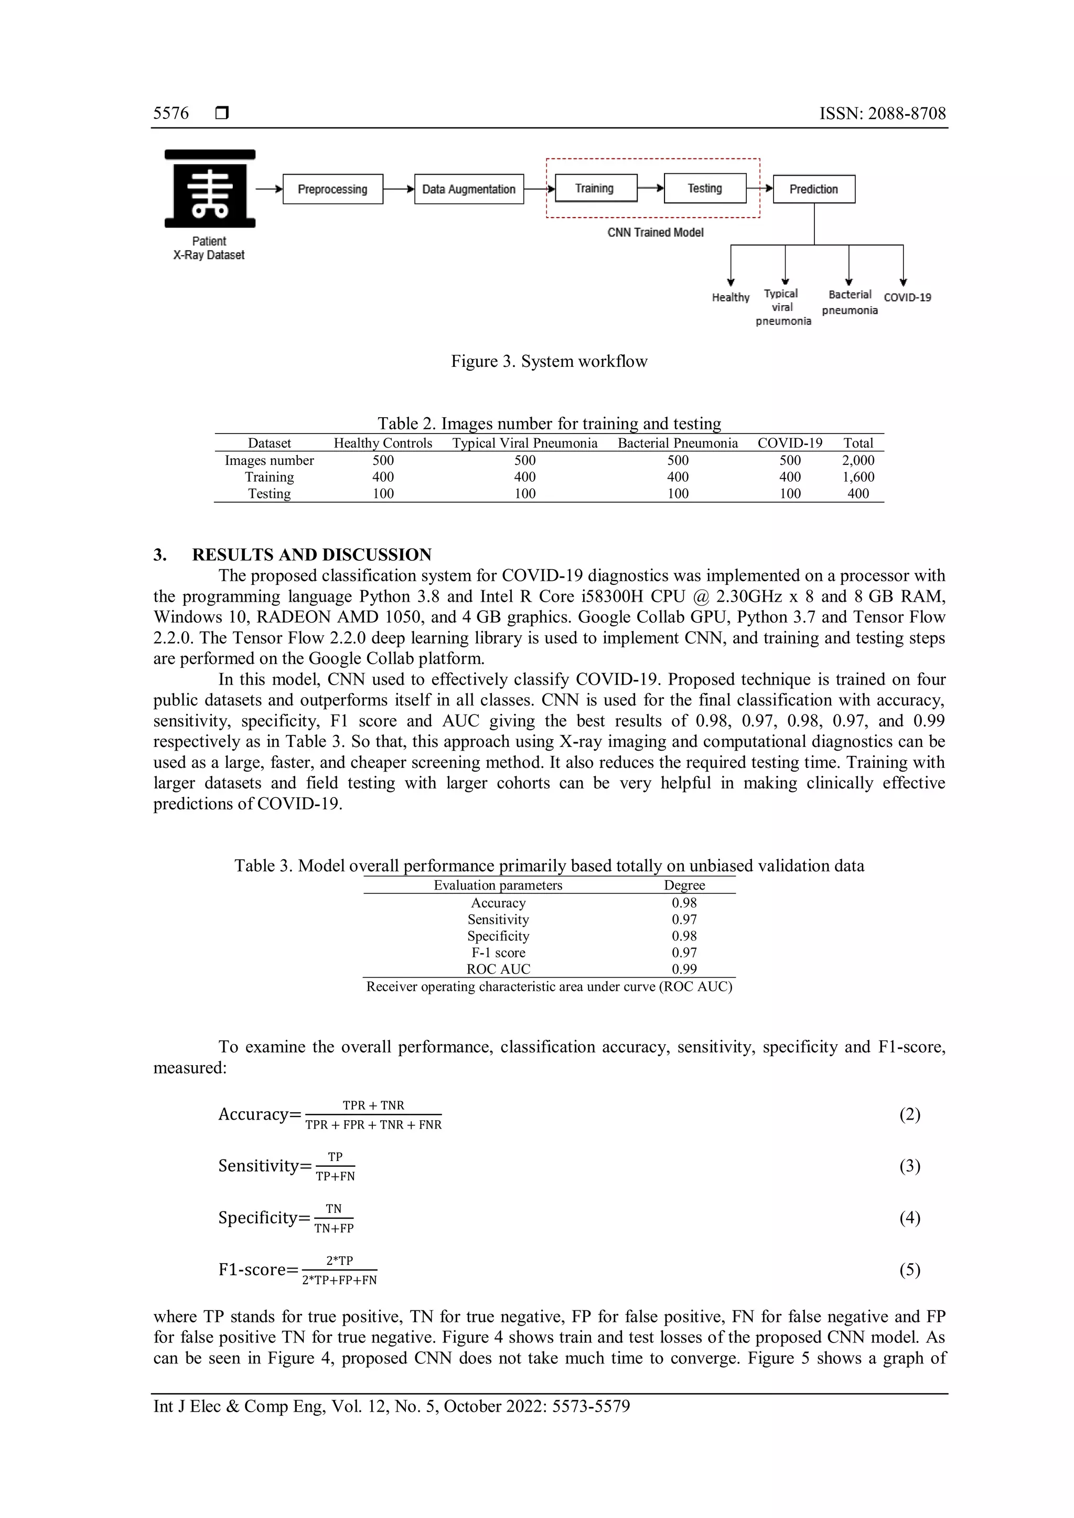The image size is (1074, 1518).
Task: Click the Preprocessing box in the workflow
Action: click(332, 189)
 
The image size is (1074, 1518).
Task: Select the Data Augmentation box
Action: click(469, 189)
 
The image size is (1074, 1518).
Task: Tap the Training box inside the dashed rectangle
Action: click(595, 188)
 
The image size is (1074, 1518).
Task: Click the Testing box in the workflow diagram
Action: click(705, 188)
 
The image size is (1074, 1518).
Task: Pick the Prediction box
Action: click(813, 189)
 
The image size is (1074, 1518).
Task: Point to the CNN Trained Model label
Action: click(656, 233)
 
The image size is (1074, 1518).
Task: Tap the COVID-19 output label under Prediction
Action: click(907, 298)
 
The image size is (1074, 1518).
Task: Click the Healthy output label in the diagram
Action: click(730, 298)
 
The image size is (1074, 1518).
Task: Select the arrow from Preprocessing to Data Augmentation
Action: click(399, 189)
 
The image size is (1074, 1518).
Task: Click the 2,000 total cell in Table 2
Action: click(858, 460)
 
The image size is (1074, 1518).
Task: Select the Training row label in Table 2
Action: click(269, 476)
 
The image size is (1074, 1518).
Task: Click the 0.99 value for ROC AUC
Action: click(684, 969)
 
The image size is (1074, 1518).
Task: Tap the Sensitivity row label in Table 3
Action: click(498, 920)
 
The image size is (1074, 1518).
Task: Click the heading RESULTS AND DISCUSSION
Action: click(312, 555)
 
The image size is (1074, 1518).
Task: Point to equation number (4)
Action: click(909, 1218)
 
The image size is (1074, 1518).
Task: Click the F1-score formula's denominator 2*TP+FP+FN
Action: click(339, 1280)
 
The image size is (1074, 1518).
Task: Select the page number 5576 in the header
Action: click(170, 114)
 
